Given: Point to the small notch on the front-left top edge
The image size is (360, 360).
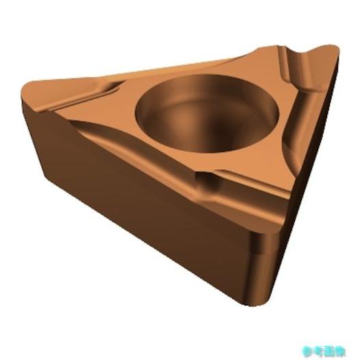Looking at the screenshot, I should click(x=206, y=180).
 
